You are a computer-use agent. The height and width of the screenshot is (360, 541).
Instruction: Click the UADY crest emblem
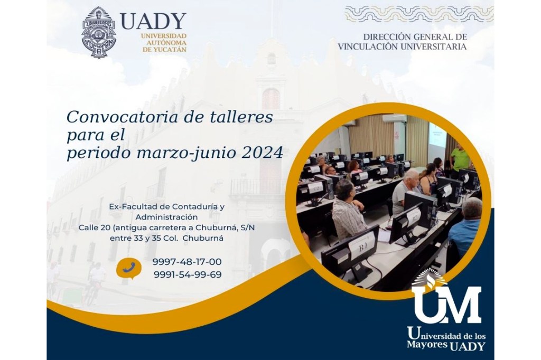pos(99,32)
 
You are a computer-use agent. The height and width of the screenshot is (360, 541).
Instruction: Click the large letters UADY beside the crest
pos(153,21)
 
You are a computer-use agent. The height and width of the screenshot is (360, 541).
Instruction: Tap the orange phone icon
pos(128,268)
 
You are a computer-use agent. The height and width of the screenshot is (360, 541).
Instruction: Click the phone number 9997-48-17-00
pos(187,262)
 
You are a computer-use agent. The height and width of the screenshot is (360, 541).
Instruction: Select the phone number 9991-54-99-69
pos(187,274)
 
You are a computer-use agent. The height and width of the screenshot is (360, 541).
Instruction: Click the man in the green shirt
pos(459,159)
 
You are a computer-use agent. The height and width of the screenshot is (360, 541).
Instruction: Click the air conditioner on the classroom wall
pos(394,119)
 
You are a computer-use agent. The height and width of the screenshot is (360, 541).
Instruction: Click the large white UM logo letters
pos(446,304)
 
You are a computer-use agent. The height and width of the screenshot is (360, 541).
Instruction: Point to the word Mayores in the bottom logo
pos(425,345)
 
